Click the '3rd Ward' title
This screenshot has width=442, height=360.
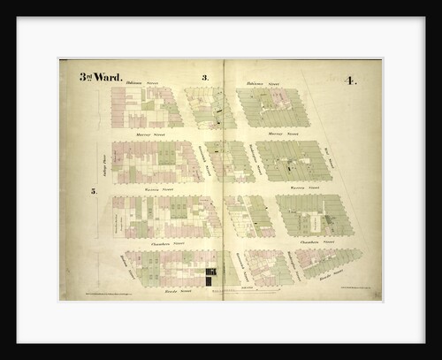click(101, 77)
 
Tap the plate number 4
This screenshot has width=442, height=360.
click(351, 81)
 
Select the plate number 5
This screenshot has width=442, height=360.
click(93, 191)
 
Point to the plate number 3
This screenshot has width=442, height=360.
click(205, 79)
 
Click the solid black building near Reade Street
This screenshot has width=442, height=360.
click(211, 276)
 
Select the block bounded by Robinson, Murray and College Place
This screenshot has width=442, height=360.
click(146, 107)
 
